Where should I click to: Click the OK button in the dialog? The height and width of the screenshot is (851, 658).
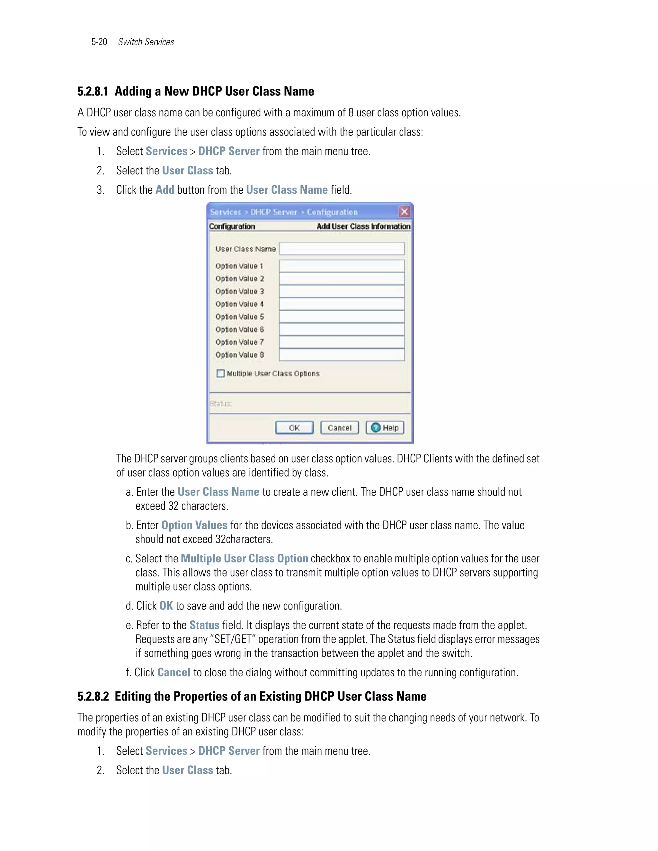294,427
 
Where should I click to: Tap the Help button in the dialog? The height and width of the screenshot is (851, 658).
385,427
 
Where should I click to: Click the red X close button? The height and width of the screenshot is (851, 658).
404,212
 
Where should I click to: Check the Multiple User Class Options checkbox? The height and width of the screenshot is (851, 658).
221,373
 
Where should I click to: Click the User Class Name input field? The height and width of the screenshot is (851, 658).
342,249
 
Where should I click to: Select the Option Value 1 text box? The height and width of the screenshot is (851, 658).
342,266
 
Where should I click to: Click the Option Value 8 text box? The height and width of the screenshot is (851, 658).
342,355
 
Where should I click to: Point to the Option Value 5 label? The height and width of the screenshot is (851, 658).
239,317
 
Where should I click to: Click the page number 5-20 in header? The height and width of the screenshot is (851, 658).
99,42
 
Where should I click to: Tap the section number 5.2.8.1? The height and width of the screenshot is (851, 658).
93,92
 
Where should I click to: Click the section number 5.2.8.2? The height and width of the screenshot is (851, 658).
93,696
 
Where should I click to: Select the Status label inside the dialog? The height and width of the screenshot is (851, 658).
220,404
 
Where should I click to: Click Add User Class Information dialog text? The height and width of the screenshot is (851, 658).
363,226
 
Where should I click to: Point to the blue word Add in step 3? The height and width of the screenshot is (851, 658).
164,190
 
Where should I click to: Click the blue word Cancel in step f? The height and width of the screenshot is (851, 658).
174,672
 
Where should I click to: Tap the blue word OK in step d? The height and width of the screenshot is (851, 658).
166,606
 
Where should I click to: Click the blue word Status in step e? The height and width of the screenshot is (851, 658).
204,625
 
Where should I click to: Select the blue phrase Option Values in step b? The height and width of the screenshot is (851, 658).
194,525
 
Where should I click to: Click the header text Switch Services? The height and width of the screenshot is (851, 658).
146,42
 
